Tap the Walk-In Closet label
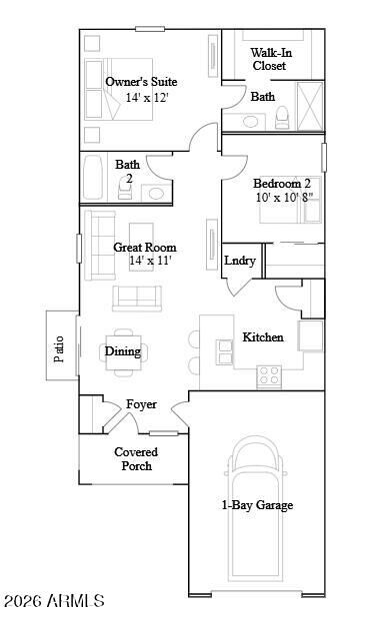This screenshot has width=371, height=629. click(268, 59)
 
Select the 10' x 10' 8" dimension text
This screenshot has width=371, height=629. click(282, 198)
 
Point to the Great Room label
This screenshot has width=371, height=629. click(145, 247)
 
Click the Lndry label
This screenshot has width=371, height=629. click(240, 261)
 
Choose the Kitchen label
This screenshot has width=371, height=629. click(263, 337)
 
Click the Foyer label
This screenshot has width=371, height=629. click(141, 404)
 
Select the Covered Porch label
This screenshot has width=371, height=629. click(135, 458)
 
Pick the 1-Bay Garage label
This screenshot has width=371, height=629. click(257, 505)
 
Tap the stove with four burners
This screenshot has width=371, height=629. click(269, 375)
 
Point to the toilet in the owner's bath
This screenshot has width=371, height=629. click(283, 118)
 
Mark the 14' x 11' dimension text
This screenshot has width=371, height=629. click(151, 261)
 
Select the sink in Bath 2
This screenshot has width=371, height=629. click(156, 192)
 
